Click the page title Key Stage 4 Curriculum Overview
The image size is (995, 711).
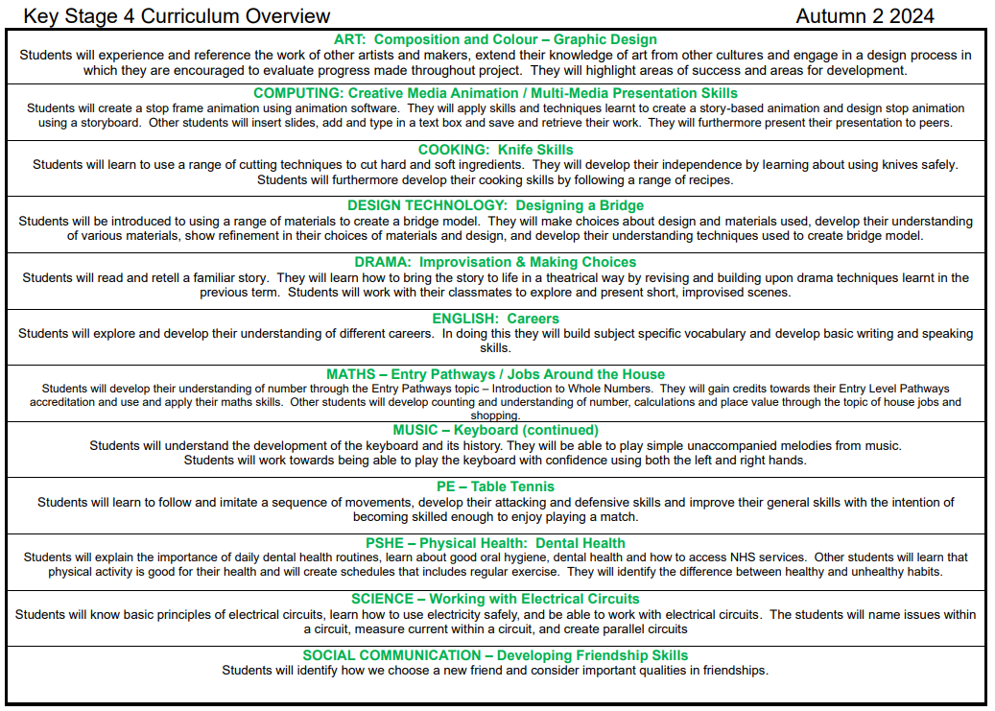[x=177, y=16]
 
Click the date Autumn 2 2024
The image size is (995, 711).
[x=865, y=16]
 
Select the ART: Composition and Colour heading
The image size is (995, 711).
[x=495, y=39]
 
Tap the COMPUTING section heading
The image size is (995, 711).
[x=495, y=93]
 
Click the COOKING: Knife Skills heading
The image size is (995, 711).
[x=495, y=150]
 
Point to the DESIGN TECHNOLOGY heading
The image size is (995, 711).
[x=495, y=205]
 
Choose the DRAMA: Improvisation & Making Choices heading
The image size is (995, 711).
[x=495, y=262]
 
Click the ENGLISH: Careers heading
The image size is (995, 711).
[x=495, y=319]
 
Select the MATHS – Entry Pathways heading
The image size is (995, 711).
[x=495, y=374]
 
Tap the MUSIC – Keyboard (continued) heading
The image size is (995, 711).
[x=495, y=430]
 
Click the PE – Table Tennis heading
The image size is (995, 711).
[x=495, y=486]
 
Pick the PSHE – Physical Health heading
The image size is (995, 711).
[x=495, y=543]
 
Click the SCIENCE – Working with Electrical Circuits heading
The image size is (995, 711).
[x=495, y=599]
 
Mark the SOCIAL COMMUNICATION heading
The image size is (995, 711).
[x=495, y=655]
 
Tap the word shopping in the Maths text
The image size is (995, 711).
[x=495, y=416]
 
